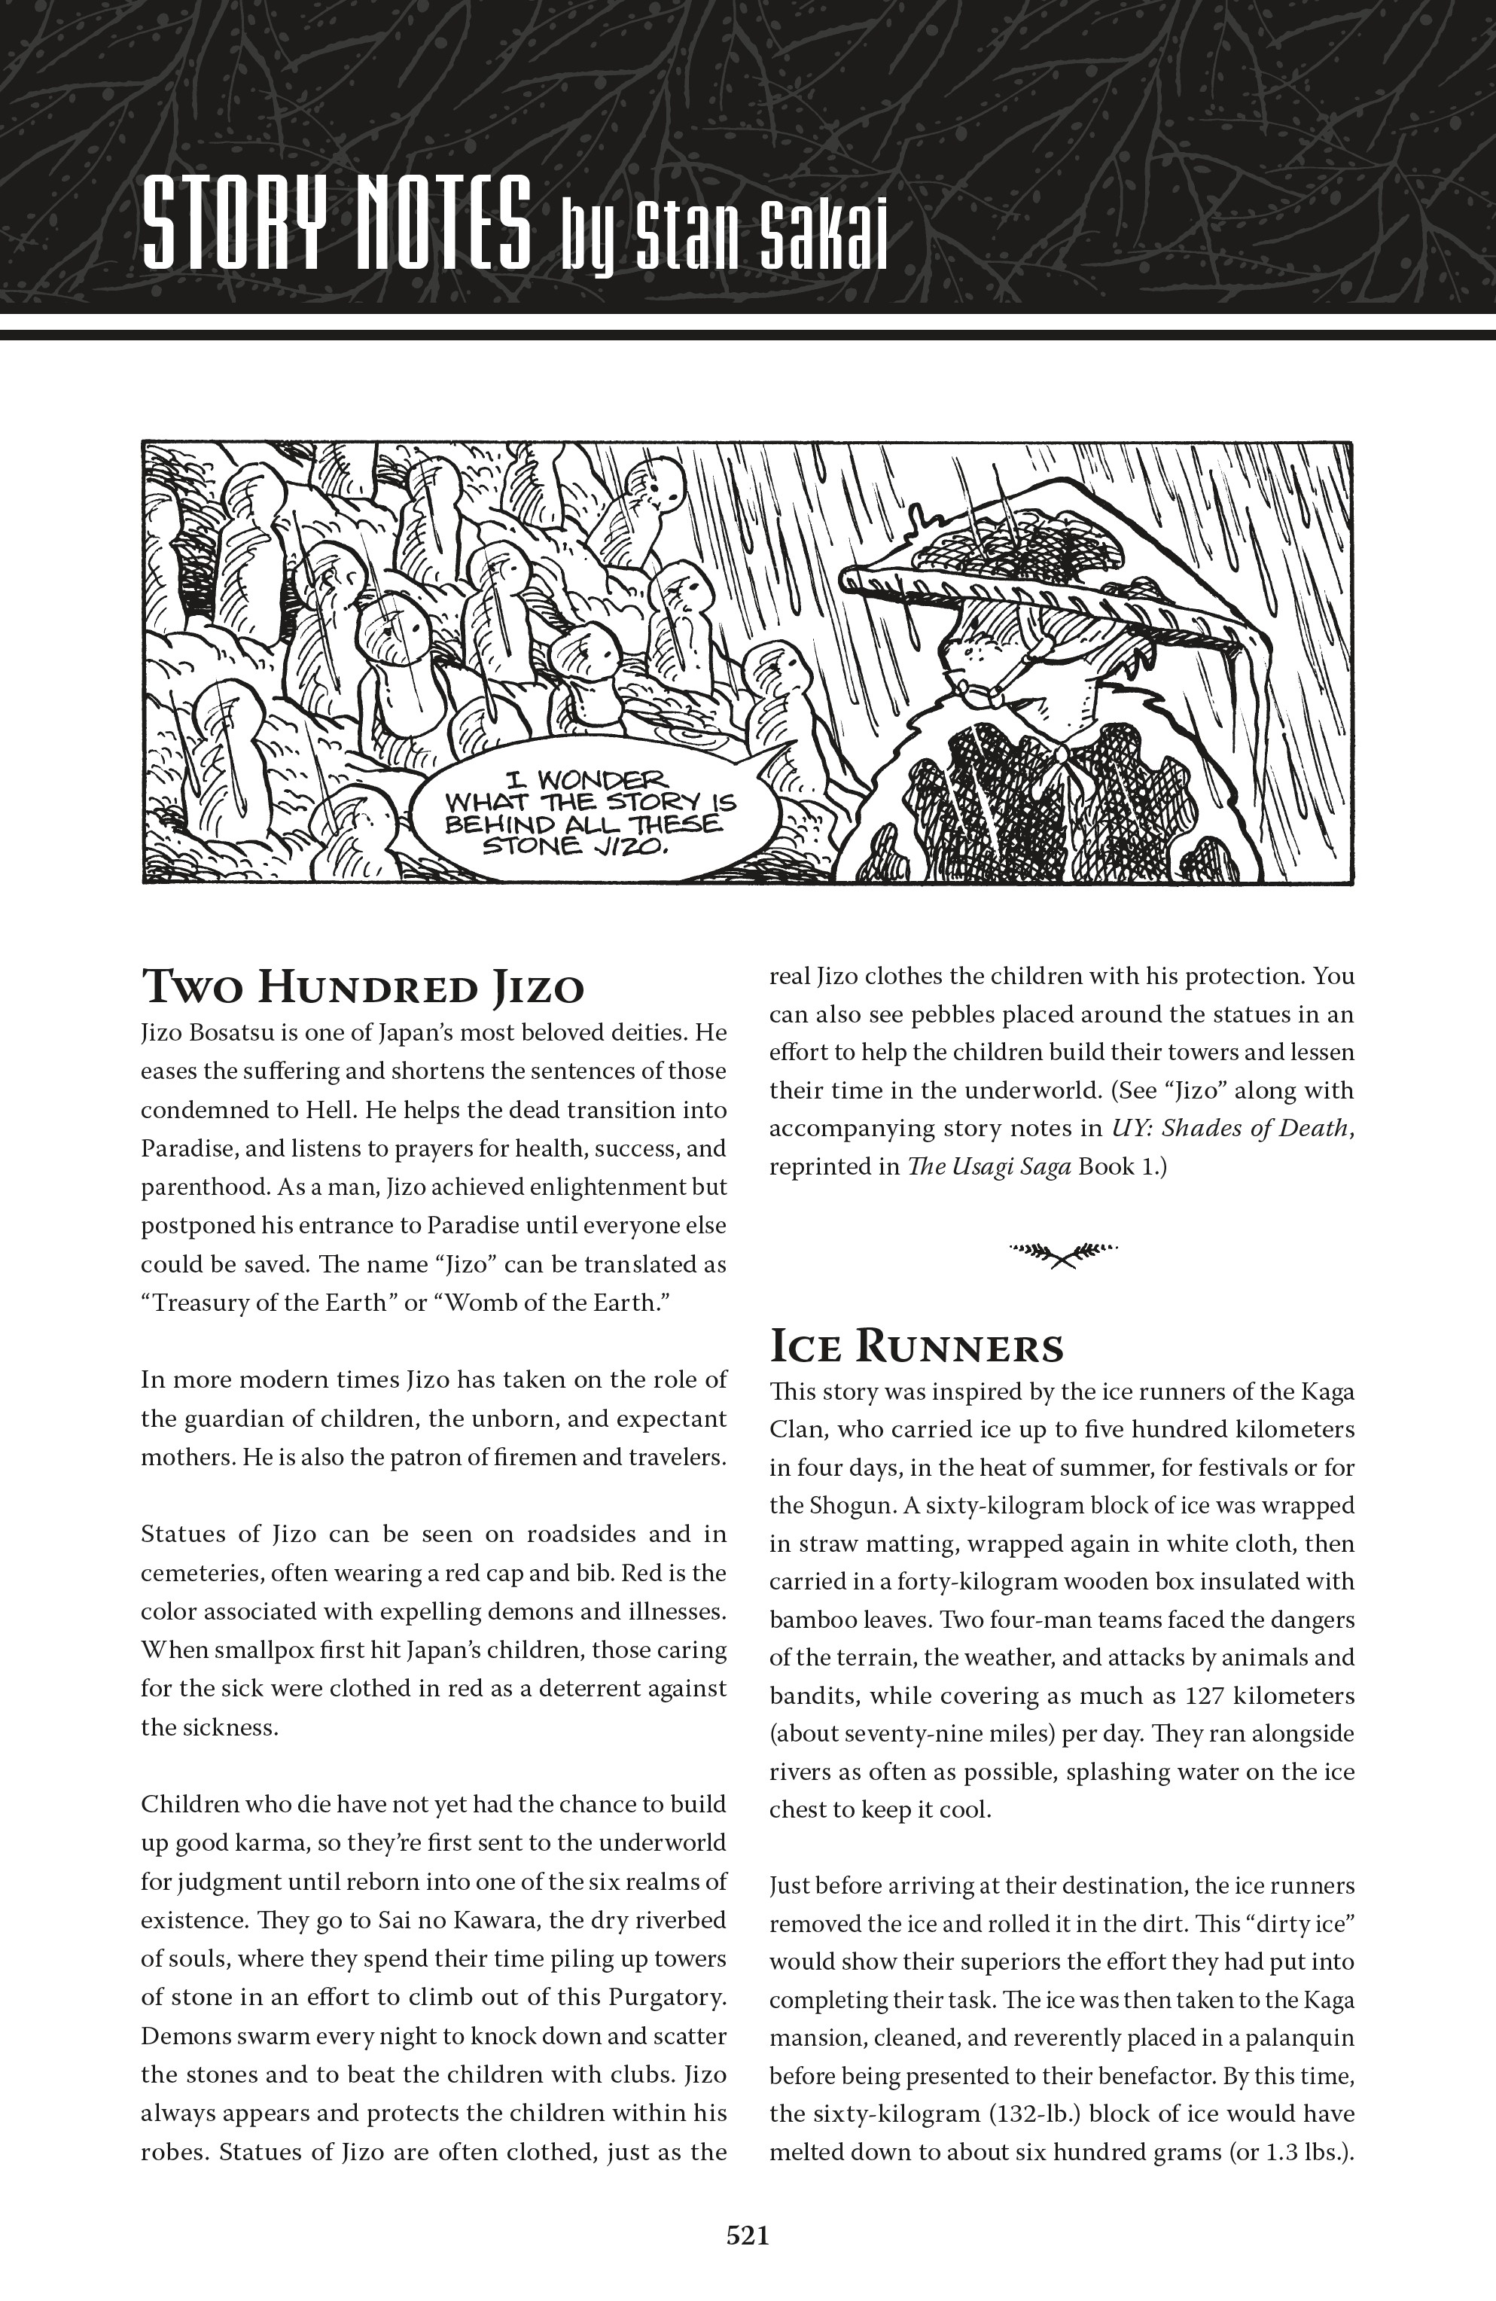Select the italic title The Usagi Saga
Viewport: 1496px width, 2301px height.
989,1167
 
